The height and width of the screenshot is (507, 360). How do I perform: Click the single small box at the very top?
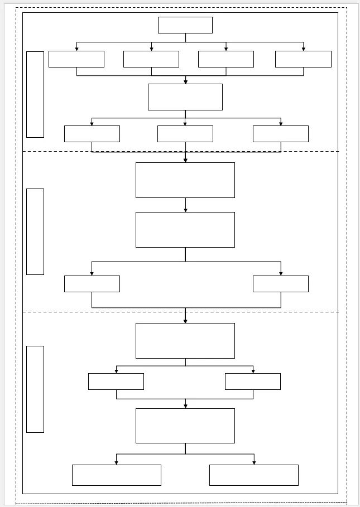pos(185,25)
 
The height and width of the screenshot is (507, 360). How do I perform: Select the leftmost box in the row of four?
pos(76,59)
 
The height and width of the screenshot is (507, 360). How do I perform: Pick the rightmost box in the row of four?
pos(303,59)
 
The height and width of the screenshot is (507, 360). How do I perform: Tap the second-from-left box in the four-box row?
pos(151,59)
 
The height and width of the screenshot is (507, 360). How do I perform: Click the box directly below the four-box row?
pos(185,97)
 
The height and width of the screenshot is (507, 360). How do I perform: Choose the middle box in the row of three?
pos(185,134)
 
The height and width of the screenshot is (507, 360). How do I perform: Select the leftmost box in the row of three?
pos(92,134)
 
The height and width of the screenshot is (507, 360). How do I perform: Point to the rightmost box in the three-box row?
pos(280,134)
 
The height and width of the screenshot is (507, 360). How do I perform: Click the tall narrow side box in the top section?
pos(35,94)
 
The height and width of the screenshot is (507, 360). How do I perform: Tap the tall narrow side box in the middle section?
pos(35,231)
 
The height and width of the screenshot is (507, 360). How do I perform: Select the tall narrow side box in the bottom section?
pos(35,389)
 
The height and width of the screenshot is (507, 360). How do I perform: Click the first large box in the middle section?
pos(185,180)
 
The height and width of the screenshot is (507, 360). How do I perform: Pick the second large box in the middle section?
pos(185,230)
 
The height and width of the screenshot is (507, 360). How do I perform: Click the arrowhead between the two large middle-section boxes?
pos(185,210)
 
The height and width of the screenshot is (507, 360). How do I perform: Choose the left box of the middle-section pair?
pos(92,284)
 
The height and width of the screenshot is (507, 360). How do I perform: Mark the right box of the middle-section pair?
pos(280,284)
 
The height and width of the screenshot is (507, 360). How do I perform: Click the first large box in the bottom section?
pos(185,341)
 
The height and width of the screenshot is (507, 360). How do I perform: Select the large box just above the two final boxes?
pos(185,426)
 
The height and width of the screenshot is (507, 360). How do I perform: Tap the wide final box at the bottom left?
pos(116,475)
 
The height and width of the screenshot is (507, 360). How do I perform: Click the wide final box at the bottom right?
pos(253,475)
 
